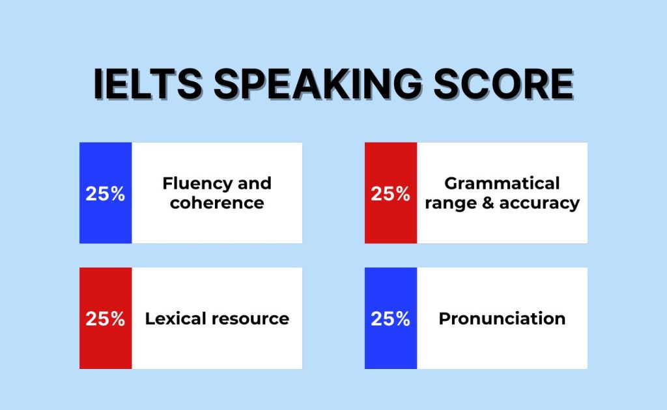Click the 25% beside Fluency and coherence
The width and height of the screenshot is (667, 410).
pyautogui.click(x=105, y=193)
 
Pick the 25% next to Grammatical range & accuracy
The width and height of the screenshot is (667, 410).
pyautogui.click(x=390, y=193)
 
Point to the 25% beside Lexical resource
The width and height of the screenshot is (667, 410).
pyautogui.click(x=105, y=318)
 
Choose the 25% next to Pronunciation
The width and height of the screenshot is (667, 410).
pyautogui.click(x=390, y=318)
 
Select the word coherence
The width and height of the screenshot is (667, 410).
pyautogui.click(x=217, y=203)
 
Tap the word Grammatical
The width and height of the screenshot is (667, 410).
pyautogui.click(x=502, y=183)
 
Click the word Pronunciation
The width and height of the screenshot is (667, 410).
pyautogui.click(x=502, y=318)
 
